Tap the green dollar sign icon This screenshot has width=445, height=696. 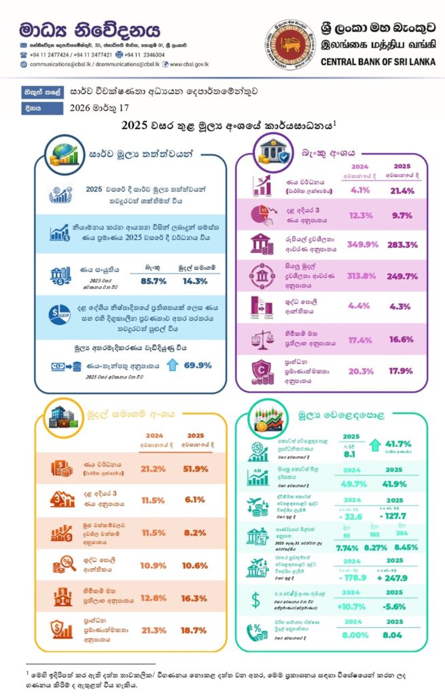coord(255,599)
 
